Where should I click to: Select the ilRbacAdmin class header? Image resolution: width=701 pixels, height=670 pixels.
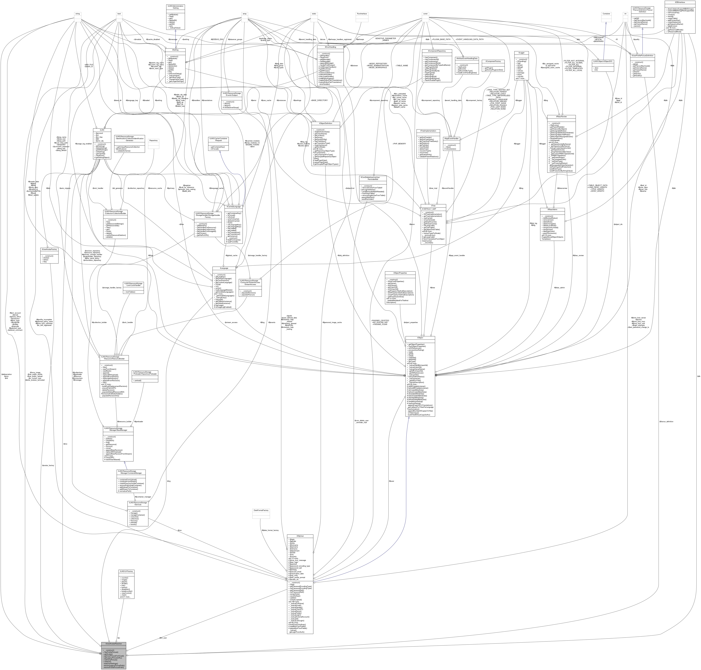click(552, 210)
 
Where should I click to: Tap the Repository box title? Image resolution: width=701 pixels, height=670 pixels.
click(153, 140)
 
